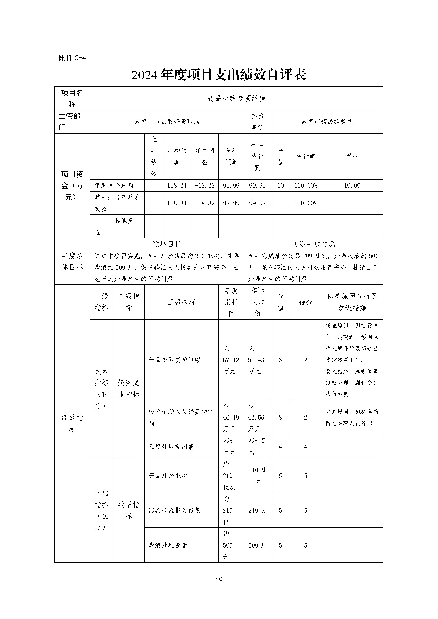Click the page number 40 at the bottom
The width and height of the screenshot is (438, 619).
pyautogui.click(x=219, y=579)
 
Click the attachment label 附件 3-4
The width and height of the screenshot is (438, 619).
pyautogui.click(x=72, y=58)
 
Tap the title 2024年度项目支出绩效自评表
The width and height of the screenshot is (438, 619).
pyautogui.click(x=219, y=75)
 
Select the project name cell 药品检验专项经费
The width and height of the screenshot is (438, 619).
pyautogui.click(x=236, y=98)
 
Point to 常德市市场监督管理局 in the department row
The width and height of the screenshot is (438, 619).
pyautogui.click(x=167, y=121)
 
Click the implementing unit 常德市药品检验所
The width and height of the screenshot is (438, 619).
pyautogui.click(x=327, y=121)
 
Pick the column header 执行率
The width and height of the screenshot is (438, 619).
pyautogui.click(x=306, y=156)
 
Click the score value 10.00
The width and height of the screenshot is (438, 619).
pyautogui.click(x=352, y=186)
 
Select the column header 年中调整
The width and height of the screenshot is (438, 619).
pyautogui.click(x=205, y=156)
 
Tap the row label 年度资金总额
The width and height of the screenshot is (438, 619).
pyautogui.click(x=114, y=186)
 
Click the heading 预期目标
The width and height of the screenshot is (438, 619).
pyautogui.click(x=167, y=244)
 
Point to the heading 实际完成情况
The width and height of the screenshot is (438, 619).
pyautogui.click(x=313, y=244)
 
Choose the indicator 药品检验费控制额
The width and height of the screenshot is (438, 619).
pyautogui.click(x=175, y=360)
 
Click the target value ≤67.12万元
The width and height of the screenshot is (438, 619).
pyautogui.click(x=231, y=360)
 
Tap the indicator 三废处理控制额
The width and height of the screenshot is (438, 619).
pyautogui.click(x=171, y=446)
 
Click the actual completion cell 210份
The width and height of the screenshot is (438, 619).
pyautogui.click(x=257, y=510)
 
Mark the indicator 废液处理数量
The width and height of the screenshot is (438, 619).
pyautogui.click(x=168, y=545)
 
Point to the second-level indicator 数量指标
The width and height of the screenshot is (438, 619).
pyautogui.click(x=128, y=510)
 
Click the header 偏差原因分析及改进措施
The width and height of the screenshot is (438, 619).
pyautogui.click(x=352, y=302)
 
